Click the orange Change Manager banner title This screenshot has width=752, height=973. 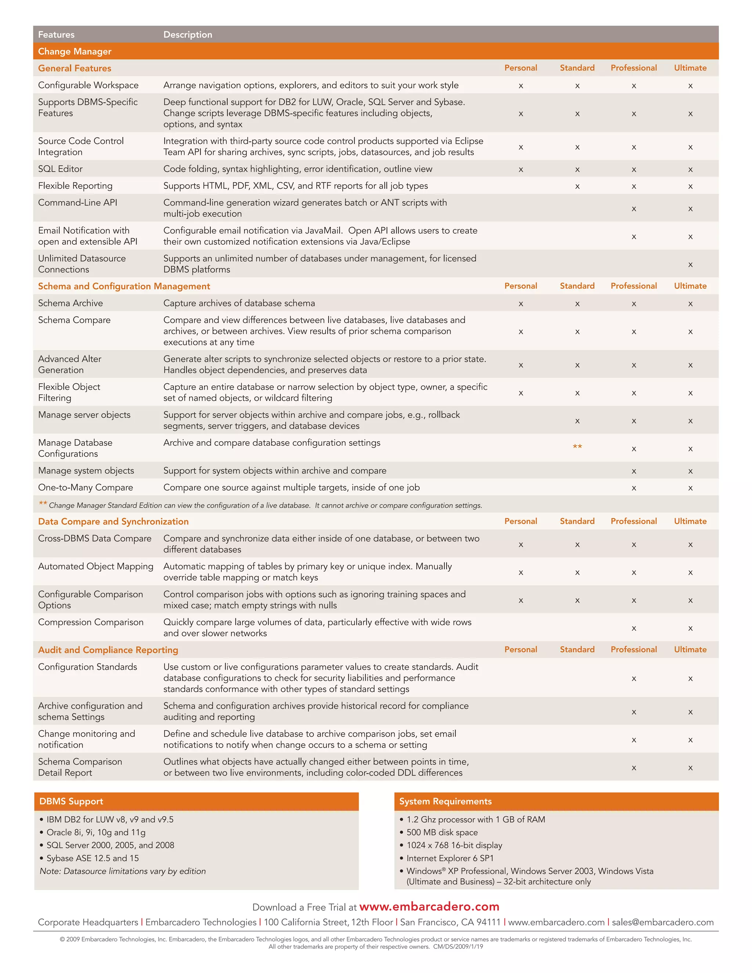tap(75, 51)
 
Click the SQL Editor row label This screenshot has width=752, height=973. tap(60, 169)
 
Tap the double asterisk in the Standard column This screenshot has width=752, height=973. tap(577, 447)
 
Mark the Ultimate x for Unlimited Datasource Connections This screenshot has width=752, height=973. tap(690, 265)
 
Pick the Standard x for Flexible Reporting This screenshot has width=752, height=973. tap(577, 187)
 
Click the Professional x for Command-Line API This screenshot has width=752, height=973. tap(633, 209)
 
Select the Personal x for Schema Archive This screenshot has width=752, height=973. tap(520, 304)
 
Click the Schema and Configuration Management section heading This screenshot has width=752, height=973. tap(124, 286)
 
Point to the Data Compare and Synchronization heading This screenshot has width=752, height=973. tap(113, 521)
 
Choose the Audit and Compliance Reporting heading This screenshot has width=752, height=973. tap(108, 650)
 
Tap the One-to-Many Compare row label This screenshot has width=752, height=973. tap(85, 487)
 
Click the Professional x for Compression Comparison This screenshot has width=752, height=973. tap(633, 629)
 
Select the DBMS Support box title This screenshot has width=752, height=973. tap(71, 801)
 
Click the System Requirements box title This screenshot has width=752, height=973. tap(445, 801)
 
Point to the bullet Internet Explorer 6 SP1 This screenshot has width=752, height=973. tap(449, 858)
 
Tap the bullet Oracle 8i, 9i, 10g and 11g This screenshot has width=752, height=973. tap(96, 832)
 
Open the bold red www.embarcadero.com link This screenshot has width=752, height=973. tap(429, 907)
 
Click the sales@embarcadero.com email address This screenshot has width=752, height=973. tap(662, 922)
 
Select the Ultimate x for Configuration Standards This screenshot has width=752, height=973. tap(690, 679)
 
